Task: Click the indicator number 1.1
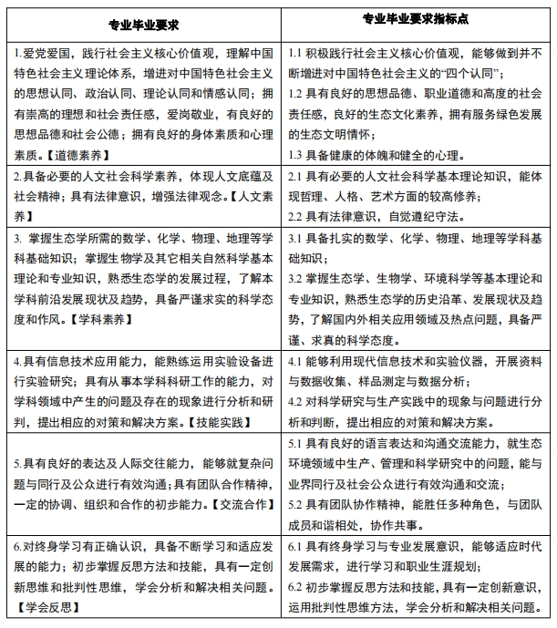click(x=295, y=52)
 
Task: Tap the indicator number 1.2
click(x=295, y=93)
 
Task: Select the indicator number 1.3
click(x=295, y=154)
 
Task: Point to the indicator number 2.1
click(x=295, y=176)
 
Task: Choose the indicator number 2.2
click(x=295, y=216)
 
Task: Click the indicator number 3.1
click(x=295, y=238)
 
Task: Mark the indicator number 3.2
click(x=295, y=278)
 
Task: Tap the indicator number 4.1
click(x=295, y=360)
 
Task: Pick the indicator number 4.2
click(x=295, y=401)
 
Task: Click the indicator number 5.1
click(x=295, y=442)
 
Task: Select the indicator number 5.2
click(x=295, y=503)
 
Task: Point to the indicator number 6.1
click(x=295, y=546)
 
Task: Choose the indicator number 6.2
click(x=295, y=587)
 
